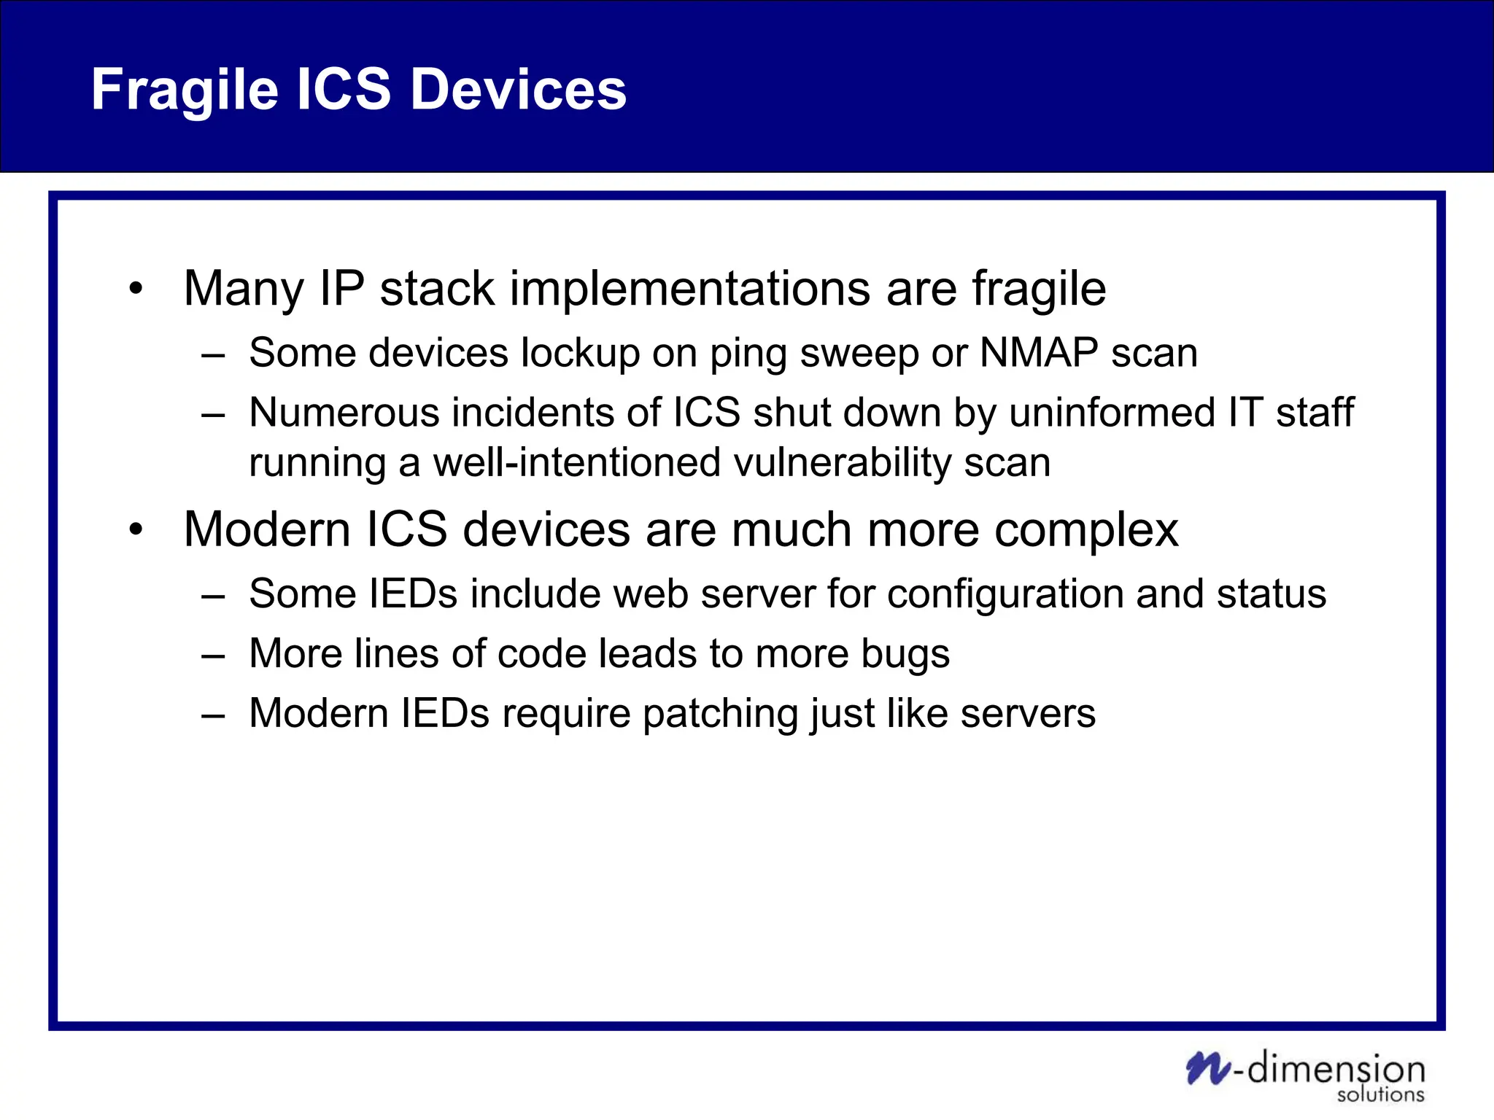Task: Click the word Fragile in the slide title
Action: click(x=185, y=90)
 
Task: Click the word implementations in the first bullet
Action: click(x=689, y=289)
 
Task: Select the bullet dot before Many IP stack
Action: click(x=136, y=289)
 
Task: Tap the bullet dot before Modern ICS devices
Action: click(x=136, y=530)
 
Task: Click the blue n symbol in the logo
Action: click(x=1207, y=1068)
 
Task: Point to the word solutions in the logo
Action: click(x=1380, y=1094)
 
